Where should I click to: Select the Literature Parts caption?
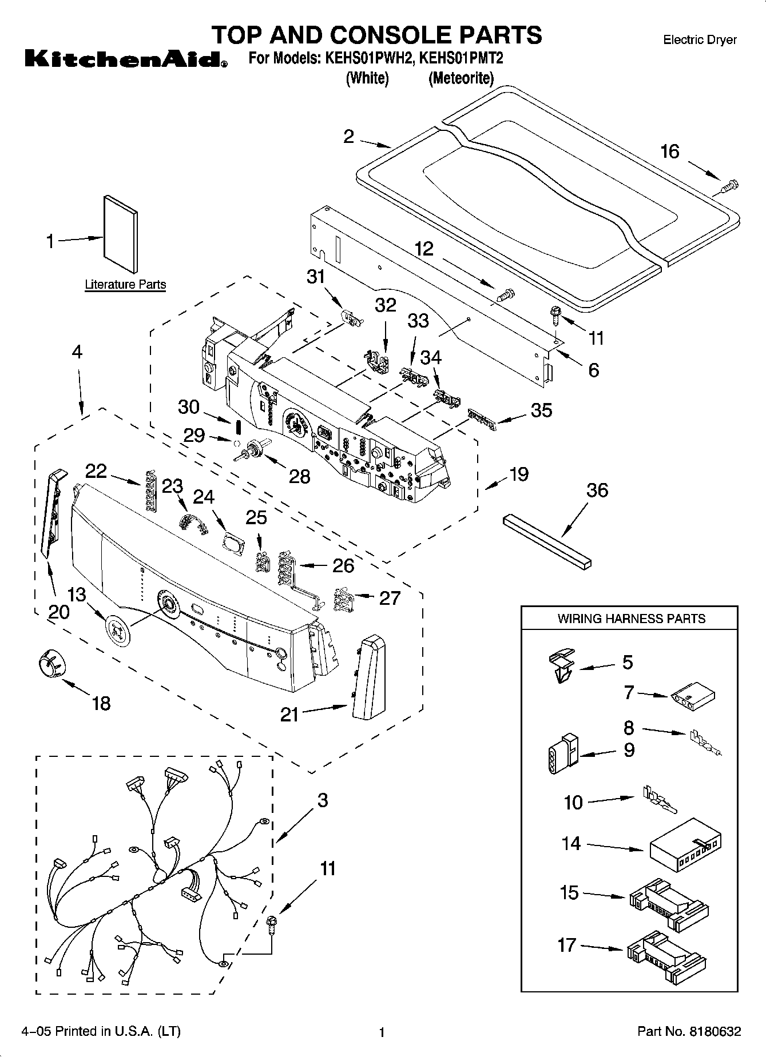tap(125, 285)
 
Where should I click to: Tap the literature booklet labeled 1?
tap(121, 234)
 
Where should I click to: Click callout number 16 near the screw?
tap(670, 151)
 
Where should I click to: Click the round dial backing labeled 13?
tap(118, 631)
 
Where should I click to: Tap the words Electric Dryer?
tap(700, 40)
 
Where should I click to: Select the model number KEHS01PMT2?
tap(461, 58)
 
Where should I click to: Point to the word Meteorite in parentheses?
tap(461, 78)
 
